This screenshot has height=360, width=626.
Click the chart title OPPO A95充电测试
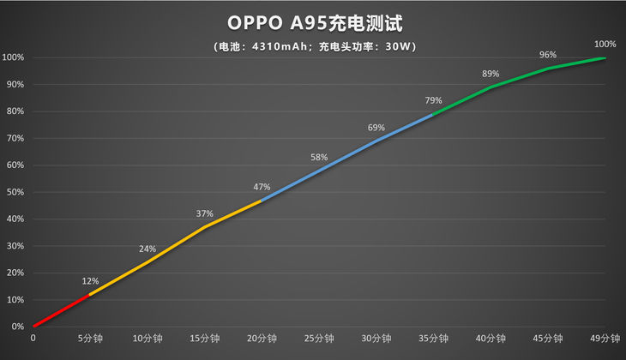312,20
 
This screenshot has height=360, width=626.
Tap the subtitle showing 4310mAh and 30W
312,46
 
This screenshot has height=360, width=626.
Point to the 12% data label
90,281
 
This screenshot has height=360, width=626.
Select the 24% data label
147,249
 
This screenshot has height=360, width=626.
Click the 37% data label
204,214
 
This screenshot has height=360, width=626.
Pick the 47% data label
262,187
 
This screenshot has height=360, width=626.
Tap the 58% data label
319,158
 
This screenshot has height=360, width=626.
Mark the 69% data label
376,128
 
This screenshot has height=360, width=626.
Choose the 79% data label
433,101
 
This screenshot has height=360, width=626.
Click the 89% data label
491,74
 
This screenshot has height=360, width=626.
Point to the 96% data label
548,55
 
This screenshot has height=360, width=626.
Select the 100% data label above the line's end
605,44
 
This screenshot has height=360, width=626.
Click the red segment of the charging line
61,310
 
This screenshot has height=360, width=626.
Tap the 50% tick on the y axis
13,192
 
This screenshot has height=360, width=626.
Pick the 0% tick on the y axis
15,327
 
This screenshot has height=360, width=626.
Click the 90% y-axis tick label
13,85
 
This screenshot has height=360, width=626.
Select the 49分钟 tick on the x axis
605,339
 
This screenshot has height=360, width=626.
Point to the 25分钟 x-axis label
319,339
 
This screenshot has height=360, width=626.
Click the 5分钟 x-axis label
90,339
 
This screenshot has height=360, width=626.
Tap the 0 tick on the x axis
33,339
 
